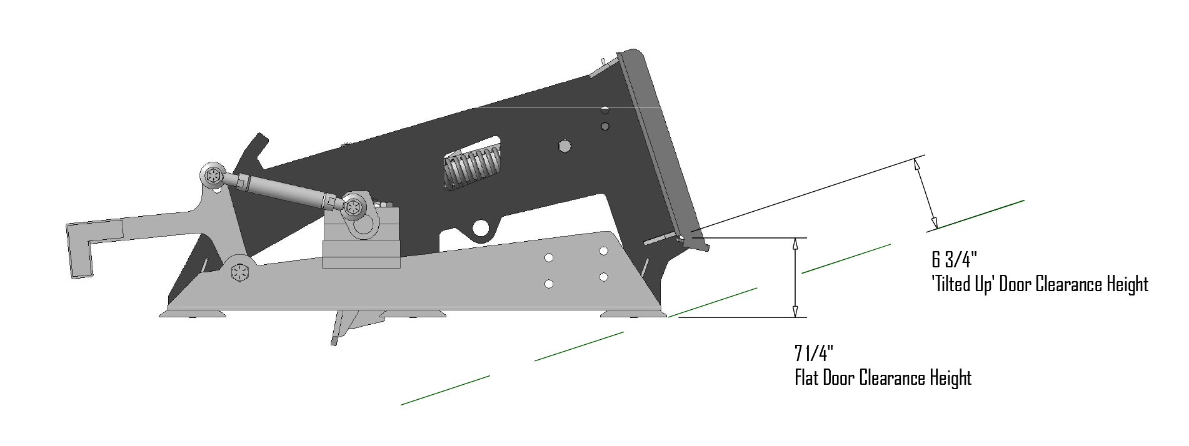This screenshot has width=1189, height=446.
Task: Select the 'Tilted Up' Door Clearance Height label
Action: tap(1040, 285)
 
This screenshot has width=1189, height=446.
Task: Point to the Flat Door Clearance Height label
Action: tap(883, 378)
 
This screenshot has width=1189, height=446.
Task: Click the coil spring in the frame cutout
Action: tap(472, 167)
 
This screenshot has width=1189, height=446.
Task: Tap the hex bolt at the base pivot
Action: tap(240, 273)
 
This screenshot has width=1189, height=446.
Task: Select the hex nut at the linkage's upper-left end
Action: tap(214, 176)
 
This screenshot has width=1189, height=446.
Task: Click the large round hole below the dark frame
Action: tap(482, 228)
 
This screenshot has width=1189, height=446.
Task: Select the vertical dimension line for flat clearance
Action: tap(795, 277)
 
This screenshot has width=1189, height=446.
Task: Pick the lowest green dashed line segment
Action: tap(445, 390)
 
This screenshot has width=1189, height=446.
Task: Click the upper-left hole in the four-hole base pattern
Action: tap(548, 258)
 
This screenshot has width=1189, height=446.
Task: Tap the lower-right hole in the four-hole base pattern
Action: tap(604, 277)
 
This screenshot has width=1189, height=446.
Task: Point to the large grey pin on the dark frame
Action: tap(564, 146)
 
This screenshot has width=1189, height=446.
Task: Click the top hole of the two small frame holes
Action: tap(605, 111)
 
